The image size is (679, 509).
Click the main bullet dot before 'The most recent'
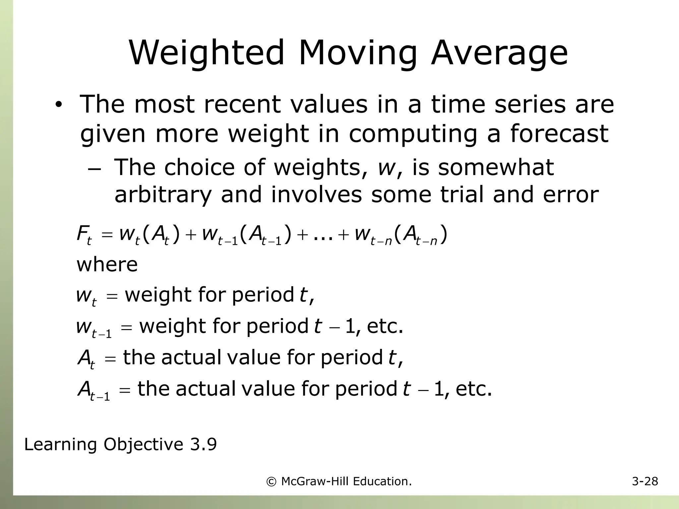[59, 105]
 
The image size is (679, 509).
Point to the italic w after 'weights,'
[386, 167]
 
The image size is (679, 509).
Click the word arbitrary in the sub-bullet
[162, 195]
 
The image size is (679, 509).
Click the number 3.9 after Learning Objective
[203, 444]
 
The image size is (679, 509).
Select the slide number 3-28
[645, 481]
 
